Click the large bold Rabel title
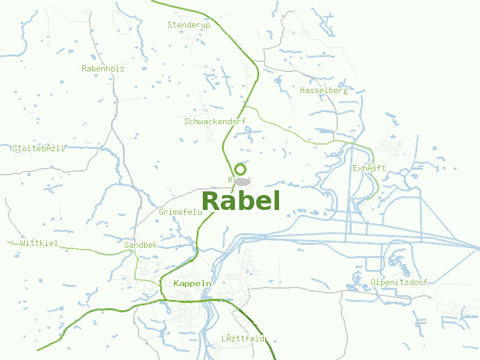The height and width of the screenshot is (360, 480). [x=241, y=201]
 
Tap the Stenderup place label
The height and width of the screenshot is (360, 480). [x=189, y=25]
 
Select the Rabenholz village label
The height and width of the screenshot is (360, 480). [x=103, y=68]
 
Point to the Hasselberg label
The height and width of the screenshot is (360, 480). [x=323, y=91]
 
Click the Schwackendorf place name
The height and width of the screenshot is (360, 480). [x=215, y=121]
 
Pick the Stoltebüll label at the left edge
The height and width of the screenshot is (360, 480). [x=38, y=148]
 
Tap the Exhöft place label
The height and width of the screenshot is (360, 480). [x=370, y=168]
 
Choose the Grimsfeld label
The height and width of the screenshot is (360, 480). [x=181, y=212]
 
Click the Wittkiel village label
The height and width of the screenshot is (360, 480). [x=39, y=243]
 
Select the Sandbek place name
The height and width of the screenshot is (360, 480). [x=140, y=245]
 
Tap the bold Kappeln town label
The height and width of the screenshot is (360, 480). [x=192, y=283]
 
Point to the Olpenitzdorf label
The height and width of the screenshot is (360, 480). [x=399, y=282]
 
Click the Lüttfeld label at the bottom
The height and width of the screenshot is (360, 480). [x=242, y=338]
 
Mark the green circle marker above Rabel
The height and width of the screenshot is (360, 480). [x=240, y=170]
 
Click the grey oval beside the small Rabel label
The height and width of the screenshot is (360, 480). [x=242, y=181]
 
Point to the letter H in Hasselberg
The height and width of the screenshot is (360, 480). [x=302, y=91]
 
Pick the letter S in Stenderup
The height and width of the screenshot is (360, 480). [x=170, y=25]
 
